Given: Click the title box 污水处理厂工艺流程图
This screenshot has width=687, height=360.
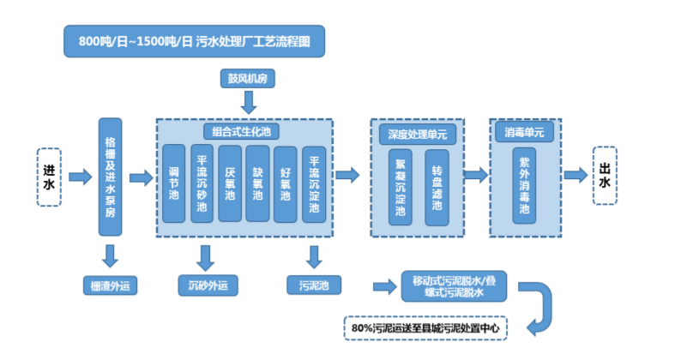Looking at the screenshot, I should pyautogui.click(x=195, y=41).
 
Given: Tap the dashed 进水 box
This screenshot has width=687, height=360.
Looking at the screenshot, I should pyautogui.click(x=50, y=177).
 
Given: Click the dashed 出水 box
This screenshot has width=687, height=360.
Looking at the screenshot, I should pyautogui.click(x=605, y=176).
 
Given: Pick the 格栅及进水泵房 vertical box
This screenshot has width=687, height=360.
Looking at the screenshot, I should pyautogui.click(x=109, y=177).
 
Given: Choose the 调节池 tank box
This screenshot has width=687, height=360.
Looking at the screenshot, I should pyautogui.click(x=175, y=183).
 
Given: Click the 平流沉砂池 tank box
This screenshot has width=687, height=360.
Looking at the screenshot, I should pyautogui.click(x=202, y=183).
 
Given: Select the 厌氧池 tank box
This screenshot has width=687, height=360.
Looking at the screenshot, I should pyautogui.click(x=230, y=183).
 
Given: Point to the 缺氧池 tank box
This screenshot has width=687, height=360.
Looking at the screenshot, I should pyautogui.click(x=258, y=183).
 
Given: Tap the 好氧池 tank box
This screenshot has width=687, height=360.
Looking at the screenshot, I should pyautogui.click(x=286, y=183).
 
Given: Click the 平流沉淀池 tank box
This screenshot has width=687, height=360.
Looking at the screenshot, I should pyautogui.click(x=314, y=183).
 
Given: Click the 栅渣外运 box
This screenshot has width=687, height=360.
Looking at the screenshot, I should pyautogui.click(x=109, y=284).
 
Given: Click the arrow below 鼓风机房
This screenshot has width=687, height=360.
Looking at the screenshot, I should pyautogui.click(x=247, y=103).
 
